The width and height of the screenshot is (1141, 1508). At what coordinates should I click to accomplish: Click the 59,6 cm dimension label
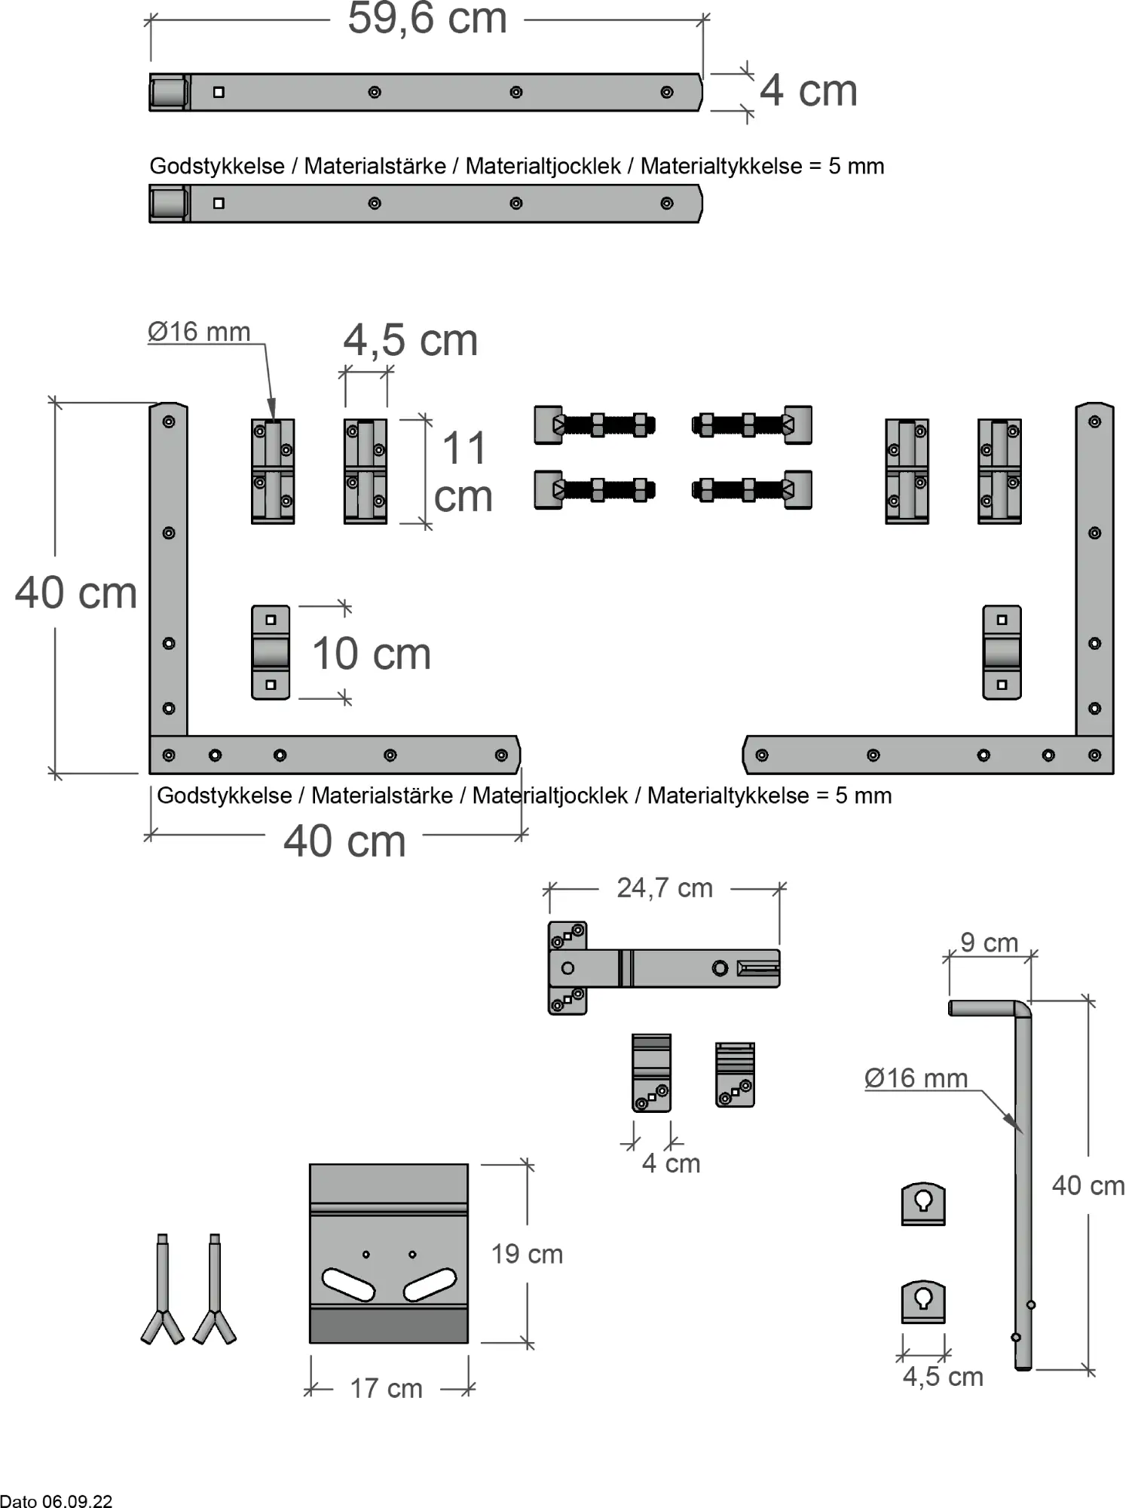point(427,19)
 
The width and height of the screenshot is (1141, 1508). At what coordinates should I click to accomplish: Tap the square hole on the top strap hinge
point(219,92)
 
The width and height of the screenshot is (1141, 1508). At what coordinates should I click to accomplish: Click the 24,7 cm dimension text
point(664,888)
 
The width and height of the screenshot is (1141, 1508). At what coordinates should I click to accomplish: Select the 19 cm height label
point(527,1254)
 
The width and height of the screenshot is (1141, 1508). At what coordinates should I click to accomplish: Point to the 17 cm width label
point(386,1388)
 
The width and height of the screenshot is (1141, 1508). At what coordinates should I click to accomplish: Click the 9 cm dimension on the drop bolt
point(989,942)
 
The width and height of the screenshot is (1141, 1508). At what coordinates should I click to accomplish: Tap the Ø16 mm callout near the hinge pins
point(199,332)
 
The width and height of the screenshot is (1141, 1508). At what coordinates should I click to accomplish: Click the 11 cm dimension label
point(463,471)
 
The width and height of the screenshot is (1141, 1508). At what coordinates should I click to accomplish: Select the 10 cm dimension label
point(371,654)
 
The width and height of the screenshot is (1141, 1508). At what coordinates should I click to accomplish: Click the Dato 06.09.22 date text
point(57,1500)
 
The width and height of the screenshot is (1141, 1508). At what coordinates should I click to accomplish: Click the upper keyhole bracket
point(923,1203)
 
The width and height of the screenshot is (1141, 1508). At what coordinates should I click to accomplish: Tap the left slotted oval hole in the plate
point(348,1284)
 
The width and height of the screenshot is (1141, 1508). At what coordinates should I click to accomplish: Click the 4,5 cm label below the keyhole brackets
point(943,1377)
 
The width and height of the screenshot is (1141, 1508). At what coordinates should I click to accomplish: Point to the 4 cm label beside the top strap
point(808,91)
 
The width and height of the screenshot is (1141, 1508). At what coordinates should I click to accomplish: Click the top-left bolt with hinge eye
point(594,425)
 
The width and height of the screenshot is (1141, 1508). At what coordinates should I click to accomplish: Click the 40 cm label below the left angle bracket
point(344,841)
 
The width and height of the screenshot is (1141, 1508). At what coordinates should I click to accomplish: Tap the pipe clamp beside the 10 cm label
point(271,652)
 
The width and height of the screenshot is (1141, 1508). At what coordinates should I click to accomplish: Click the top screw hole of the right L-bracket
point(1094,421)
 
